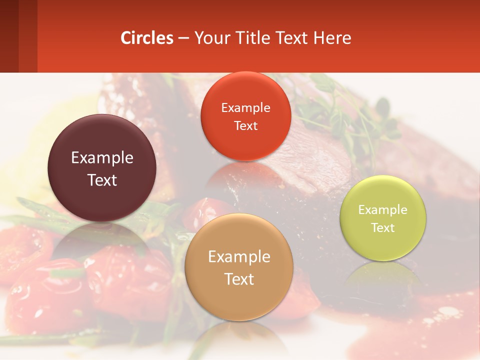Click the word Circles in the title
point(147,38)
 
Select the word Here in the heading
point(332,38)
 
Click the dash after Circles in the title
point(183,38)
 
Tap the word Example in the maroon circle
point(102,158)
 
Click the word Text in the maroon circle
point(102,180)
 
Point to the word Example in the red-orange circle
point(245,108)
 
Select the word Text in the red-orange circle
point(245,125)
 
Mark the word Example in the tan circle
point(239,257)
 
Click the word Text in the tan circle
point(239,279)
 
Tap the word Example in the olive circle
point(383,210)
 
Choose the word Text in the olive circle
point(383,228)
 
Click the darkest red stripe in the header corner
point(9,36)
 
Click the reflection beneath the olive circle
point(383,277)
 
